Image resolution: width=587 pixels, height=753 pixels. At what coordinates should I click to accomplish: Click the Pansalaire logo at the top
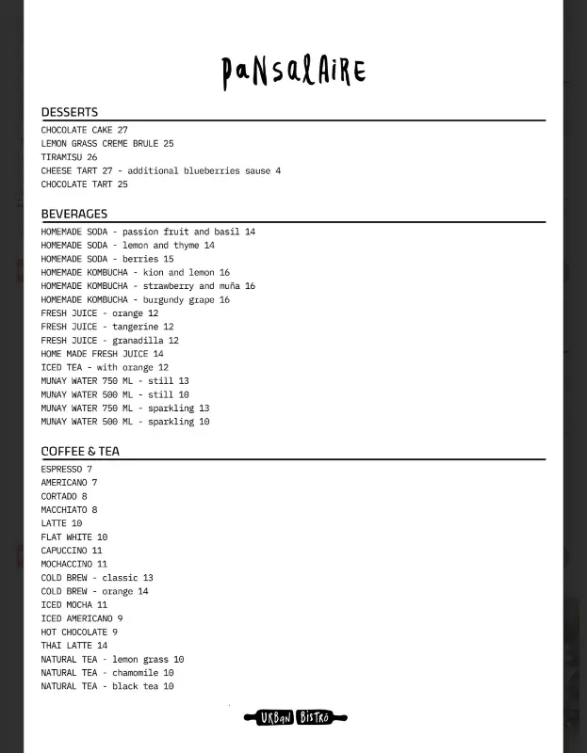point(293,72)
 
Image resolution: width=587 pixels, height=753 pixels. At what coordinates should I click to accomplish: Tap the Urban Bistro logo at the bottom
point(295,718)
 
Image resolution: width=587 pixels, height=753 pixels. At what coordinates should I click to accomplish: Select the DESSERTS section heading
point(69,112)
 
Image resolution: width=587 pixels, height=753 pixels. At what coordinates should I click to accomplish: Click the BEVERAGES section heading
point(73,214)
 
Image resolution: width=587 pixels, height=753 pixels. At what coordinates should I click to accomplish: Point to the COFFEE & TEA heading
point(80,451)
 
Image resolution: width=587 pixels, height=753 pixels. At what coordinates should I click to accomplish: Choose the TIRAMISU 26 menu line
point(69,157)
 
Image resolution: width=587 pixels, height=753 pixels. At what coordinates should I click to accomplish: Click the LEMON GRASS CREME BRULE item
point(106,144)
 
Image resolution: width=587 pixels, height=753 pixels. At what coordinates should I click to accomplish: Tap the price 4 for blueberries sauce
point(278,171)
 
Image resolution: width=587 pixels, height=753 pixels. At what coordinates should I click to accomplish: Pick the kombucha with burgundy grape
point(135,300)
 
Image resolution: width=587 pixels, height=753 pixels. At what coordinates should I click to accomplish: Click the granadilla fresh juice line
point(109,341)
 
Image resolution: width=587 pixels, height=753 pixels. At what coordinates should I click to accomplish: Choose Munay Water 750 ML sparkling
point(124,409)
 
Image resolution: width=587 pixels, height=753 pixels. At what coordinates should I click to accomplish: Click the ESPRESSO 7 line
point(66,469)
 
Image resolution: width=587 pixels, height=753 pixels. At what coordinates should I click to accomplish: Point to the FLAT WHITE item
point(73,537)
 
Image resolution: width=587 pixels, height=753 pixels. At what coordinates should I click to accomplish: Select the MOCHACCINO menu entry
point(73,565)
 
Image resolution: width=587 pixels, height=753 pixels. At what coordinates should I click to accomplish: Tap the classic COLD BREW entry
point(96,578)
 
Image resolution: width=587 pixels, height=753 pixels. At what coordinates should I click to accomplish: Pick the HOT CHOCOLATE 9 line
point(79,633)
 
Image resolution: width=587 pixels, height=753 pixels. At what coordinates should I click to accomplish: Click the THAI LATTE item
point(73,646)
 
